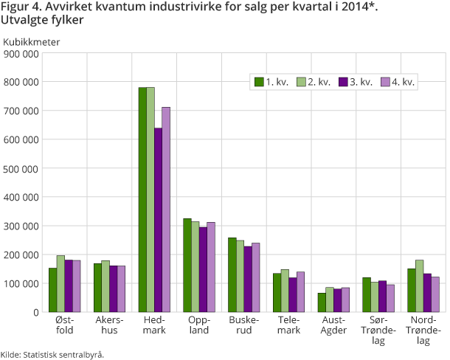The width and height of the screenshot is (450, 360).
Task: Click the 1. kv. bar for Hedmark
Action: pyautogui.click(x=142, y=199)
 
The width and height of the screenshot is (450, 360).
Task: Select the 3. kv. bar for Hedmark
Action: pyautogui.click(x=158, y=220)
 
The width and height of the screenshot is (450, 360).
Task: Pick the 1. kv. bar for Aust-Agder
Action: pyautogui.click(x=322, y=302)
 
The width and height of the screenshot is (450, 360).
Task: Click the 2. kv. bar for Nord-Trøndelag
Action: pyautogui.click(x=419, y=285)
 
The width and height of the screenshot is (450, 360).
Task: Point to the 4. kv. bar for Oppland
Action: pyautogui.click(x=211, y=267)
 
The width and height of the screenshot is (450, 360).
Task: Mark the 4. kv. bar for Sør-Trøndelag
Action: pyautogui.click(x=390, y=298)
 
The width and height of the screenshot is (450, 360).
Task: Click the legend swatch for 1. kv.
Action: pyautogui.click(x=259, y=82)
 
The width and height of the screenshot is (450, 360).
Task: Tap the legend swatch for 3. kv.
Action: pyautogui.click(x=342, y=82)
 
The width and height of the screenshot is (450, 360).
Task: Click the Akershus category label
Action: pyautogui.click(x=111, y=325)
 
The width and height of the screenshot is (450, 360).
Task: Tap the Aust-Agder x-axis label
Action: pyautogui.click(x=333, y=325)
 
